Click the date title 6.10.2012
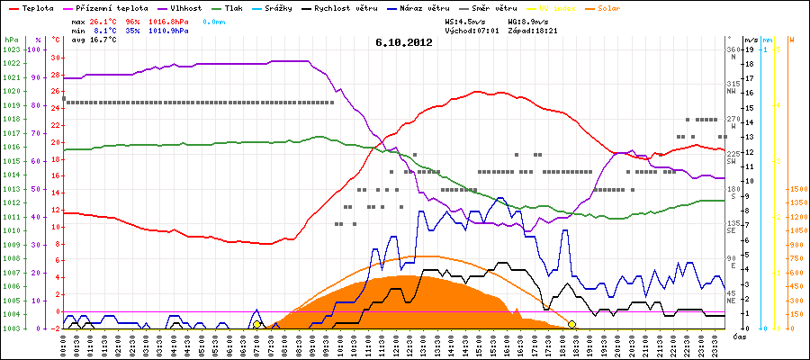pyautogui.click(x=404, y=41)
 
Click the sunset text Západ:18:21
pyautogui.click(x=532, y=30)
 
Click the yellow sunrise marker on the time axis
pyautogui.click(x=256, y=324)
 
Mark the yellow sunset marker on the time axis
pyautogui.click(x=572, y=324)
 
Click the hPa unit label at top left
pyautogui.click(x=10, y=40)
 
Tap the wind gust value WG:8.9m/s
pyautogui.click(x=532, y=20)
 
